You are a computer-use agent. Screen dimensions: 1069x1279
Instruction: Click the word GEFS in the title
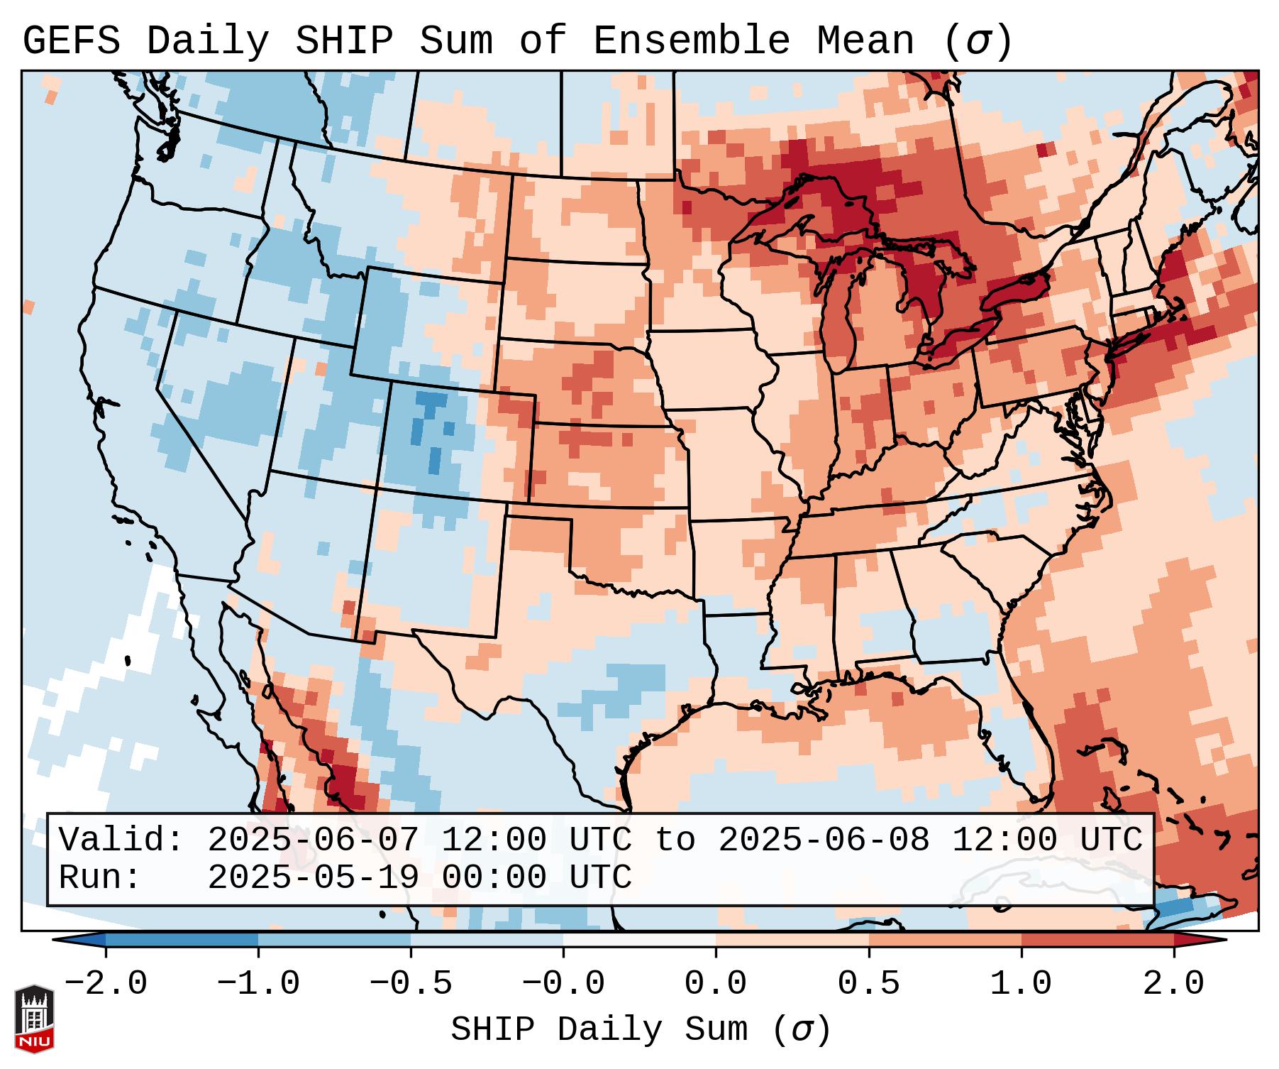[72, 41]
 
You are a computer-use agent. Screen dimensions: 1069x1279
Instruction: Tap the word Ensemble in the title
[691, 41]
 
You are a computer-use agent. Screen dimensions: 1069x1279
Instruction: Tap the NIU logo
[34, 1019]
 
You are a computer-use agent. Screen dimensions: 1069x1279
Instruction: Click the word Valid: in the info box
[121, 840]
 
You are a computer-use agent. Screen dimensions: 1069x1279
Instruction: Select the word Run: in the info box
[100, 878]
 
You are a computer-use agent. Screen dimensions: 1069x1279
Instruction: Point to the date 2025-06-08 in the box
[824, 840]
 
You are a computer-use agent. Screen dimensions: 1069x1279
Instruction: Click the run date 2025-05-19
[313, 878]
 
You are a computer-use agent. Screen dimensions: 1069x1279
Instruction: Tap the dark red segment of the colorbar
[1097, 940]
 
